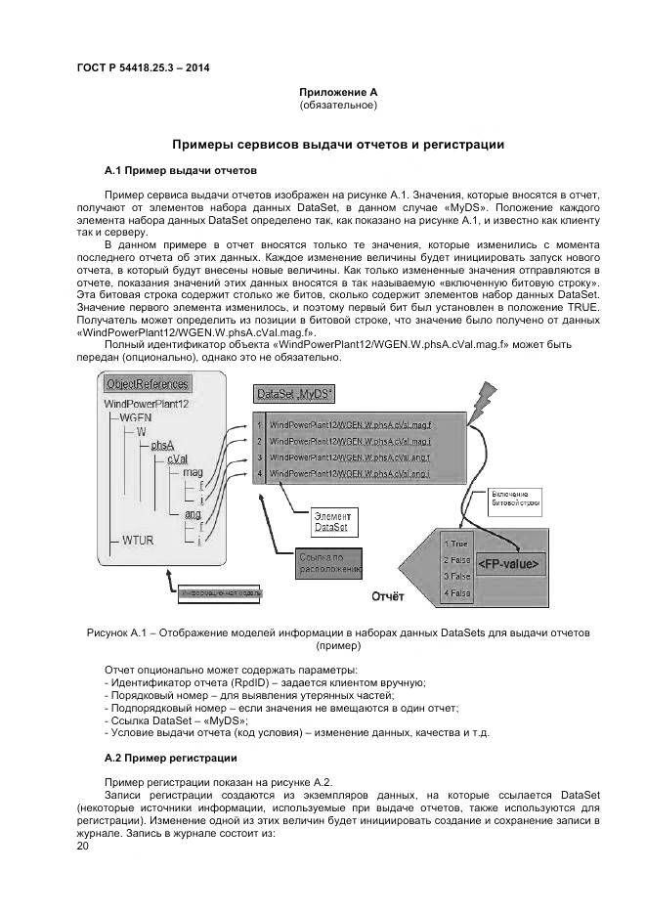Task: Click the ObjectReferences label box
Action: (x=147, y=383)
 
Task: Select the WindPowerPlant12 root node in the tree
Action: (x=147, y=403)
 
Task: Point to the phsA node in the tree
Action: (x=162, y=444)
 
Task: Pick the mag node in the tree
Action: (x=193, y=471)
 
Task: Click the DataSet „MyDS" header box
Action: (x=294, y=393)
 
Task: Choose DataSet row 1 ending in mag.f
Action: (x=349, y=424)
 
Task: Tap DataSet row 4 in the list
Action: (x=349, y=474)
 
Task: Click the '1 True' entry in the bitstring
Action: (x=456, y=544)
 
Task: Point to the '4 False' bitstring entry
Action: (x=456, y=592)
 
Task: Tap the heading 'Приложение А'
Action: (x=338, y=92)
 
